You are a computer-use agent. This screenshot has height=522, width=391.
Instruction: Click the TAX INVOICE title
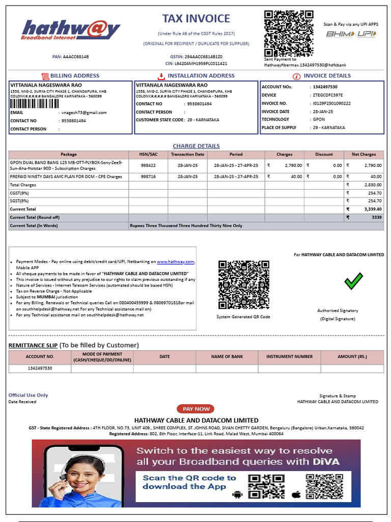point(196,19)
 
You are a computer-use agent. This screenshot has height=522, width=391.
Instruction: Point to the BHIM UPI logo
point(351,34)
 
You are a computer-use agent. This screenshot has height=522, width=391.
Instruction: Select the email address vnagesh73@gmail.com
point(84,113)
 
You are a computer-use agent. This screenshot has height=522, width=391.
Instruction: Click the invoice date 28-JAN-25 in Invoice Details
point(323,112)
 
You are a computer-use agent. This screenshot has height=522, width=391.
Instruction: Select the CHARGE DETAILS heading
point(196,146)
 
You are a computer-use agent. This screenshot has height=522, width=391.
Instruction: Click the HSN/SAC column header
point(148,154)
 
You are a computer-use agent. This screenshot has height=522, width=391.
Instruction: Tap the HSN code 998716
point(148,176)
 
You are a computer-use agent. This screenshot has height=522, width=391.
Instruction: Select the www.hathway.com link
point(176,262)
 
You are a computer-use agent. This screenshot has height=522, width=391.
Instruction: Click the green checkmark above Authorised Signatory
point(353,281)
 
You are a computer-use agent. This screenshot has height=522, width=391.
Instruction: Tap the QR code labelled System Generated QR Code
point(244,285)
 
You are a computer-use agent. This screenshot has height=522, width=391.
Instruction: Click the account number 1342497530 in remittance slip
point(39,368)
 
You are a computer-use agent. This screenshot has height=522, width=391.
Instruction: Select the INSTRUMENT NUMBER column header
point(289,357)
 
